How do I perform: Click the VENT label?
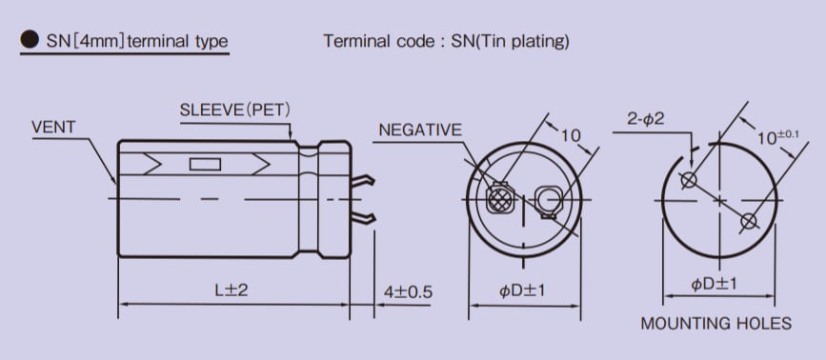[x=53, y=126]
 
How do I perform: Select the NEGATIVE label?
[x=420, y=130]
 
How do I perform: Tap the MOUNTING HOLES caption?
[x=715, y=323]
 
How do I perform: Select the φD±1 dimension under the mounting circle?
[x=715, y=284]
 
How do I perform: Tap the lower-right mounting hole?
[x=749, y=222]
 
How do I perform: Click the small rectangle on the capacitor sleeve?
[x=205, y=165]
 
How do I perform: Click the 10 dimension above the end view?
[x=570, y=135]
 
